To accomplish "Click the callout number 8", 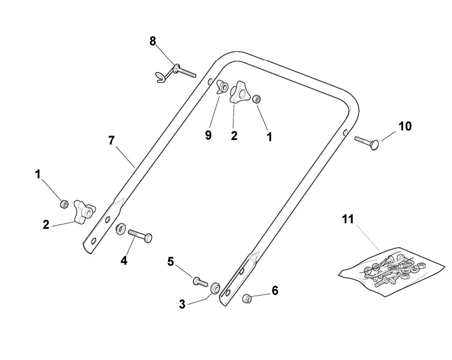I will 153,41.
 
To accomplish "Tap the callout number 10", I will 405,126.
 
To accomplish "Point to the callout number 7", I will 111,141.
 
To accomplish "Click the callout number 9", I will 208,135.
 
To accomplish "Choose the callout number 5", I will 171,262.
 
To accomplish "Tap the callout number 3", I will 183,305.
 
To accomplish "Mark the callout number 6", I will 275,291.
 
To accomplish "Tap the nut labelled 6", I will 248,298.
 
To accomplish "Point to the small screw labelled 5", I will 200,280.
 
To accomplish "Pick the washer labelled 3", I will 216,287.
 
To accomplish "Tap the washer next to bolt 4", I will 121,230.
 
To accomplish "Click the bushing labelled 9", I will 221,86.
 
